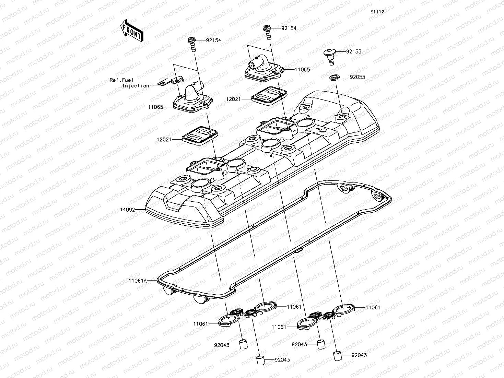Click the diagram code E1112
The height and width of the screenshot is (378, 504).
(x=377, y=12)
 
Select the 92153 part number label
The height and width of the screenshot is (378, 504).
(x=353, y=51)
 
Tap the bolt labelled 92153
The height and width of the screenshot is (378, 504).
(x=329, y=56)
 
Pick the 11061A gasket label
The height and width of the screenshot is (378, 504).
(x=138, y=281)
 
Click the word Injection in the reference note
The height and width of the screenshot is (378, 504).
(x=136, y=86)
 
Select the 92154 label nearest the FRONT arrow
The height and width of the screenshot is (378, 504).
(x=213, y=40)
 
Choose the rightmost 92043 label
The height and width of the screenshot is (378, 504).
(x=359, y=355)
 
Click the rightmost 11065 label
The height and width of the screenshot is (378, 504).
(x=302, y=70)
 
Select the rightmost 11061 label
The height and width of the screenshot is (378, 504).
(x=373, y=307)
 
